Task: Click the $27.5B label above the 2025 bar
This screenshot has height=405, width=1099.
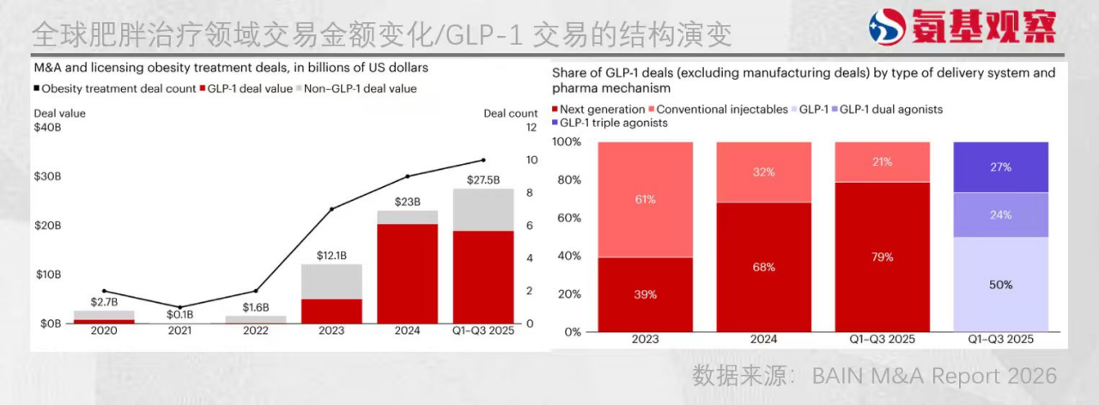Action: tap(483, 180)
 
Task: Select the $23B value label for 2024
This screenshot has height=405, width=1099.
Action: tap(407, 202)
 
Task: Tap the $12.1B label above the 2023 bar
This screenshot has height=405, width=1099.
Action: tap(331, 256)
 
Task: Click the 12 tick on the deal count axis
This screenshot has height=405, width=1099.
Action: tap(531, 127)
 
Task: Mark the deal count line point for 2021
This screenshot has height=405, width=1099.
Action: tap(179, 307)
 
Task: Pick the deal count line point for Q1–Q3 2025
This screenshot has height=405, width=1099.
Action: tap(483, 160)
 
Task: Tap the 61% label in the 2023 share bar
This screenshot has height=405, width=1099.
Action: tap(646, 200)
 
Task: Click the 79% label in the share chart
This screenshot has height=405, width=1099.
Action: tap(882, 257)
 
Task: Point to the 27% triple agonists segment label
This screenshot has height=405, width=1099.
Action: tap(1000, 167)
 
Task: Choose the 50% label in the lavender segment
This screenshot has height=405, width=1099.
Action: tap(1000, 284)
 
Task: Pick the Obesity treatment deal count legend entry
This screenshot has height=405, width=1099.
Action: tap(115, 88)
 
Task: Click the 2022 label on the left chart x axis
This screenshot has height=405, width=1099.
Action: tap(255, 330)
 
